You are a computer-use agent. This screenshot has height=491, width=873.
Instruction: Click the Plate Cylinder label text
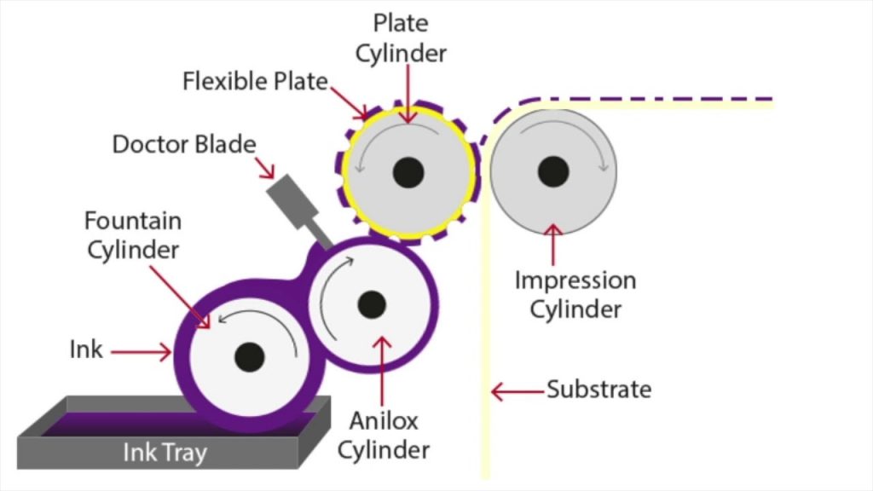tap(401, 38)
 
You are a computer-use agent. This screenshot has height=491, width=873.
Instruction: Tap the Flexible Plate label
tap(255, 82)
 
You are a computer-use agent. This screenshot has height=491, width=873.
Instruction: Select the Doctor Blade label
tap(183, 144)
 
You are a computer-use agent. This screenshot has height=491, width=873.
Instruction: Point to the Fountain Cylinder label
tap(132, 235)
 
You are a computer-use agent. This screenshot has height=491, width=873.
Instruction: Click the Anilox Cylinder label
tap(383, 434)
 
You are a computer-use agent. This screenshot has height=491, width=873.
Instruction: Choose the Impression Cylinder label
tap(575, 294)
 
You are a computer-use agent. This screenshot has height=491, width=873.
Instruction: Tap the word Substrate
tap(598, 390)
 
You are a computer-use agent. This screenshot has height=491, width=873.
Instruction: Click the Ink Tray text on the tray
tap(165, 453)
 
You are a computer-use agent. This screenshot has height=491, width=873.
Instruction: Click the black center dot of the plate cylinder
tap(408, 172)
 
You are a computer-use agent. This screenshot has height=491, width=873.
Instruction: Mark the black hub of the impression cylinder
tap(553, 171)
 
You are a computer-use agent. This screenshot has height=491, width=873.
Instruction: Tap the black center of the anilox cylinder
tap(372, 303)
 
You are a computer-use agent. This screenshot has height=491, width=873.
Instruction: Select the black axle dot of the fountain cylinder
tap(250, 355)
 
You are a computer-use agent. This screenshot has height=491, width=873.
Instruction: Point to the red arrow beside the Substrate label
tap(517, 391)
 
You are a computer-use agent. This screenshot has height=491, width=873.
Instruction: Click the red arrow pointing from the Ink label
tap(141, 350)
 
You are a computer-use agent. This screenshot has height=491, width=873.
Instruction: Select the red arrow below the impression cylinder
tap(554, 245)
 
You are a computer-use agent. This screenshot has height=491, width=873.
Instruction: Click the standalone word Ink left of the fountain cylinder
tap(85, 349)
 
